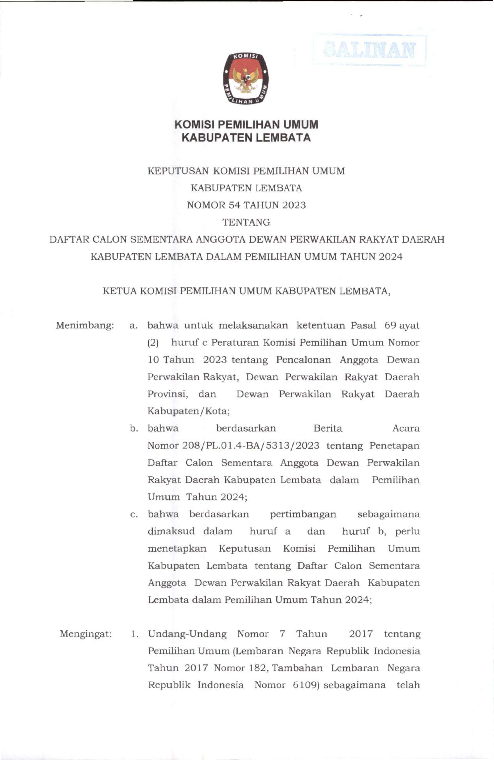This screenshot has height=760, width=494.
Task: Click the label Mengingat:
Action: tap(86, 634)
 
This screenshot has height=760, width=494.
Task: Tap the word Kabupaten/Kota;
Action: tap(188, 411)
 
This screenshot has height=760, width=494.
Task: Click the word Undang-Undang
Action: tap(187, 634)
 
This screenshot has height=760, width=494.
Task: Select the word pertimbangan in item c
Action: tap(303, 514)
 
